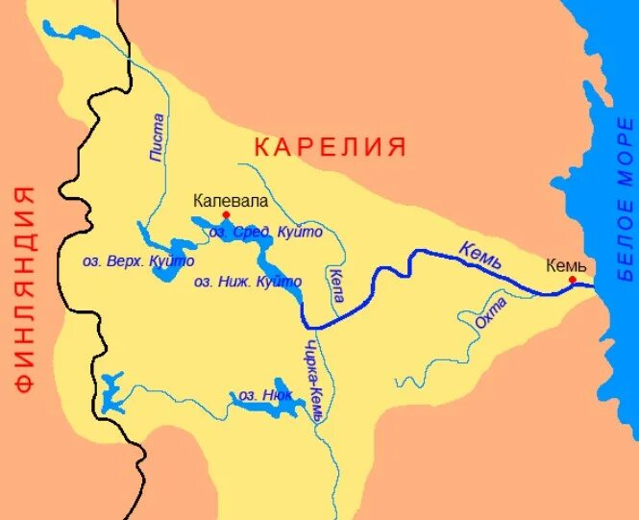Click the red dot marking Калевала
226,214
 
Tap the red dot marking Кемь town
572,280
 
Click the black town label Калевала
231,201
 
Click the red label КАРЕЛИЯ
330,147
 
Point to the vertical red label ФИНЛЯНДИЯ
25,288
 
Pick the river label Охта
487,315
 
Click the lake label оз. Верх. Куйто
139,261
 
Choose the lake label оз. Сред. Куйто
266,233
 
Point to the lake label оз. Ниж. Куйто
248,283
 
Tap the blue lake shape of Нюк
279,411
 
